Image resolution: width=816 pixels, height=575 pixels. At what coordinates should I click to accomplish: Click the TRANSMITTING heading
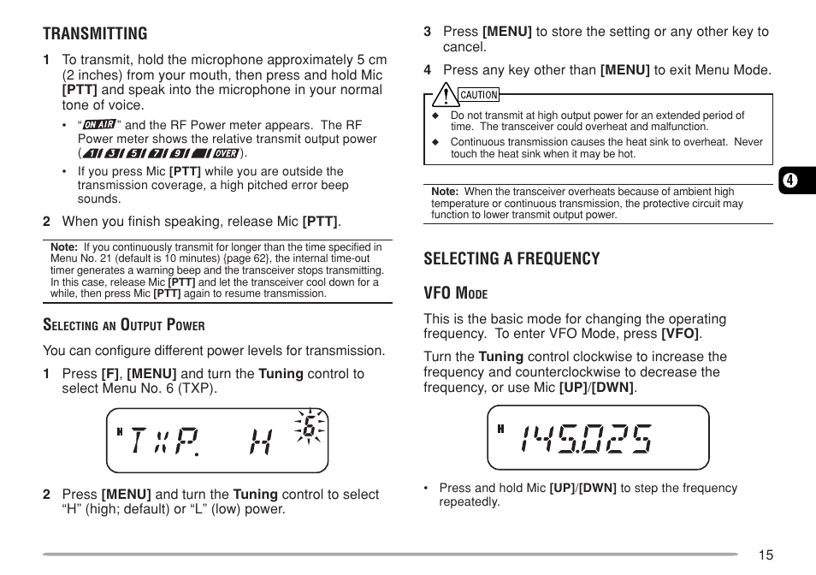coord(95,33)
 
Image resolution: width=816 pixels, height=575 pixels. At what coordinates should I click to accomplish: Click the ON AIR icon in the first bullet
coord(100,125)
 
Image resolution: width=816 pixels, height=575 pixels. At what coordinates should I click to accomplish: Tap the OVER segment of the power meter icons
coord(226,153)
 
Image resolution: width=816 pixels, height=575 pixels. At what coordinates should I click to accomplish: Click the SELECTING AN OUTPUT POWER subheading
coord(124,324)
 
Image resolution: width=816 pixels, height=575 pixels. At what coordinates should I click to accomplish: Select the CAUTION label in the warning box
coord(478,95)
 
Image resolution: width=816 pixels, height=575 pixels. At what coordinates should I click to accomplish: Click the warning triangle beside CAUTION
coord(443,94)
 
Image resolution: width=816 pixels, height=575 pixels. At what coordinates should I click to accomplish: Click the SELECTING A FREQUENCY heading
coord(511,258)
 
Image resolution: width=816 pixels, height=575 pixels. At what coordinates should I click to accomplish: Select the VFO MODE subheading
coord(455,293)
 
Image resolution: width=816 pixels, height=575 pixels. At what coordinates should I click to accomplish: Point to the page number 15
coord(765,554)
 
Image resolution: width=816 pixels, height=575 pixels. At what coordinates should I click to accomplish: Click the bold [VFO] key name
coord(680,335)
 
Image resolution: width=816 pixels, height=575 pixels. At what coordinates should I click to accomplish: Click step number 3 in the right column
coord(427,32)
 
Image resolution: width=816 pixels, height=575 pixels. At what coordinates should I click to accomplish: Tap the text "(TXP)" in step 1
coord(198,388)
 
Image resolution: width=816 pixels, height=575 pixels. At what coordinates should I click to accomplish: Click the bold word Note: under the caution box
coord(445,192)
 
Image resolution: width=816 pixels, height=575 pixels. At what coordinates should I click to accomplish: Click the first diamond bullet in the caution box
coord(435,116)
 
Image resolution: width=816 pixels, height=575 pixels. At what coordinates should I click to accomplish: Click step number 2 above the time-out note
coord(47,222)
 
